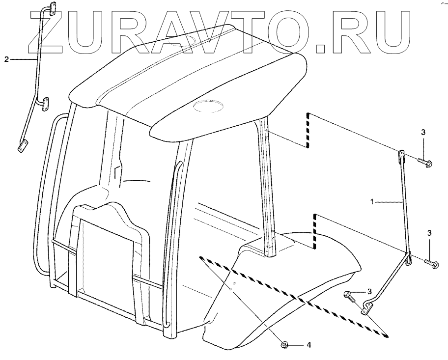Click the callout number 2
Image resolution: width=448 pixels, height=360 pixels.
pyautogui.click(x=6, y=59)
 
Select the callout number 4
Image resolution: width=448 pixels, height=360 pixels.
pyautogui.click(x=308, y=346)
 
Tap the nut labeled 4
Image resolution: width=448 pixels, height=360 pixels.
pyautogui.click(x=285, y=346)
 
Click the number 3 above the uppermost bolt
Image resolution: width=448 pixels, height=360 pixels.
pyautogui.click(x=423, y=133)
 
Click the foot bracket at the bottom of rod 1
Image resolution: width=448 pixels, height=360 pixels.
pyautogui.click(x=366, y=308)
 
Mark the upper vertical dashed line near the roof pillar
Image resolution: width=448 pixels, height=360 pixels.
pyautogui.click(x=308, y=130)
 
